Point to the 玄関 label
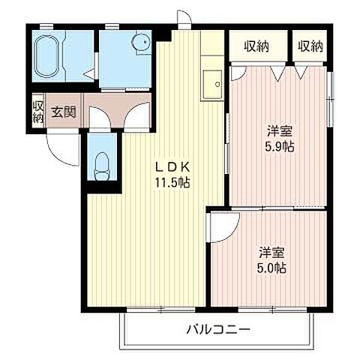coord(64,113)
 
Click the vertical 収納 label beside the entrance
coord(37,112)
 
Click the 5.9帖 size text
coord(278,145)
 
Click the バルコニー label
coord(217,328)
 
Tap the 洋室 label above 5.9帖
coord(278,130)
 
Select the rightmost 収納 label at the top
coord(310,46)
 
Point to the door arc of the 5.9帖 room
coord(238,73)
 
